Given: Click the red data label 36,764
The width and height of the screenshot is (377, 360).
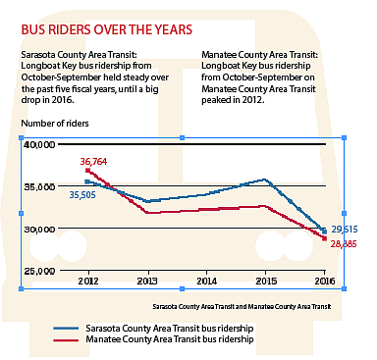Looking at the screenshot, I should coord(96,161).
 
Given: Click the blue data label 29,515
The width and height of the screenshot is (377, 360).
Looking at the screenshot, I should coord(344,229).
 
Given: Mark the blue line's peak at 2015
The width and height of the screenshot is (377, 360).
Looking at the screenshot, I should coord(265,180).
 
